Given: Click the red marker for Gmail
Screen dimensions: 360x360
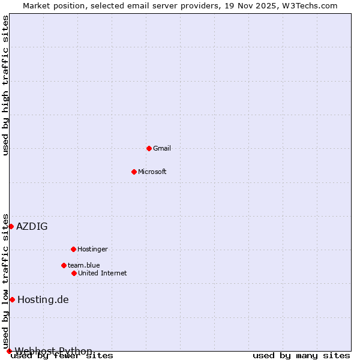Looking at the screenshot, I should click(149, 148).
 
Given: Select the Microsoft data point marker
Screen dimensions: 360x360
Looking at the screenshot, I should click(134, 172).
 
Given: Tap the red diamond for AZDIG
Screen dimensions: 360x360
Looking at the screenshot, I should click(11, 226).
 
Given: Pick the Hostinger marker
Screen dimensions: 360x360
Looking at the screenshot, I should click(73, 249).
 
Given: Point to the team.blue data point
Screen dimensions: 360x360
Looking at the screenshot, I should click(64, 265).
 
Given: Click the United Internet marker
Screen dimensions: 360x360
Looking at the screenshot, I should click(74, 273).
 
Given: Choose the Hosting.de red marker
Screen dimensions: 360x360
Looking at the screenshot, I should click(12, 299).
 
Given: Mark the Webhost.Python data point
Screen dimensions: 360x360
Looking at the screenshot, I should click(9, 351).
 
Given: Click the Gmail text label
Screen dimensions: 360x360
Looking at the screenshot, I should click(162, 148).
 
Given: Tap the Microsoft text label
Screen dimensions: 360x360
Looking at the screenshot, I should click(152, 172).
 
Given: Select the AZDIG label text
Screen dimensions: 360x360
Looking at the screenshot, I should click(32, 226).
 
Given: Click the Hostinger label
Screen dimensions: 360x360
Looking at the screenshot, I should click(92, 249).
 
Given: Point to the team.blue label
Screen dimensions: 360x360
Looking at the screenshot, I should click(84, 265).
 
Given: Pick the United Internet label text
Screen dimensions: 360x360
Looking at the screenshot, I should click(103, 273).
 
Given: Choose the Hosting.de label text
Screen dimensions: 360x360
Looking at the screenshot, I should click(43, 299).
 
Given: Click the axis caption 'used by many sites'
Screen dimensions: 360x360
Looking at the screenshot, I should click(301, 355).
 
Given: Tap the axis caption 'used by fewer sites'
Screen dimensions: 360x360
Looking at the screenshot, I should click(62, 356).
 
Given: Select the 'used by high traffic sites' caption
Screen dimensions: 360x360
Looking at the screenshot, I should click(6, 85).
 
